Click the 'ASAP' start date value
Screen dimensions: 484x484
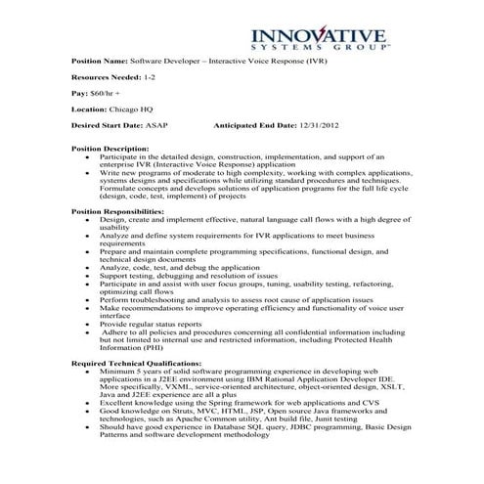click(x=160, y=126)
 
